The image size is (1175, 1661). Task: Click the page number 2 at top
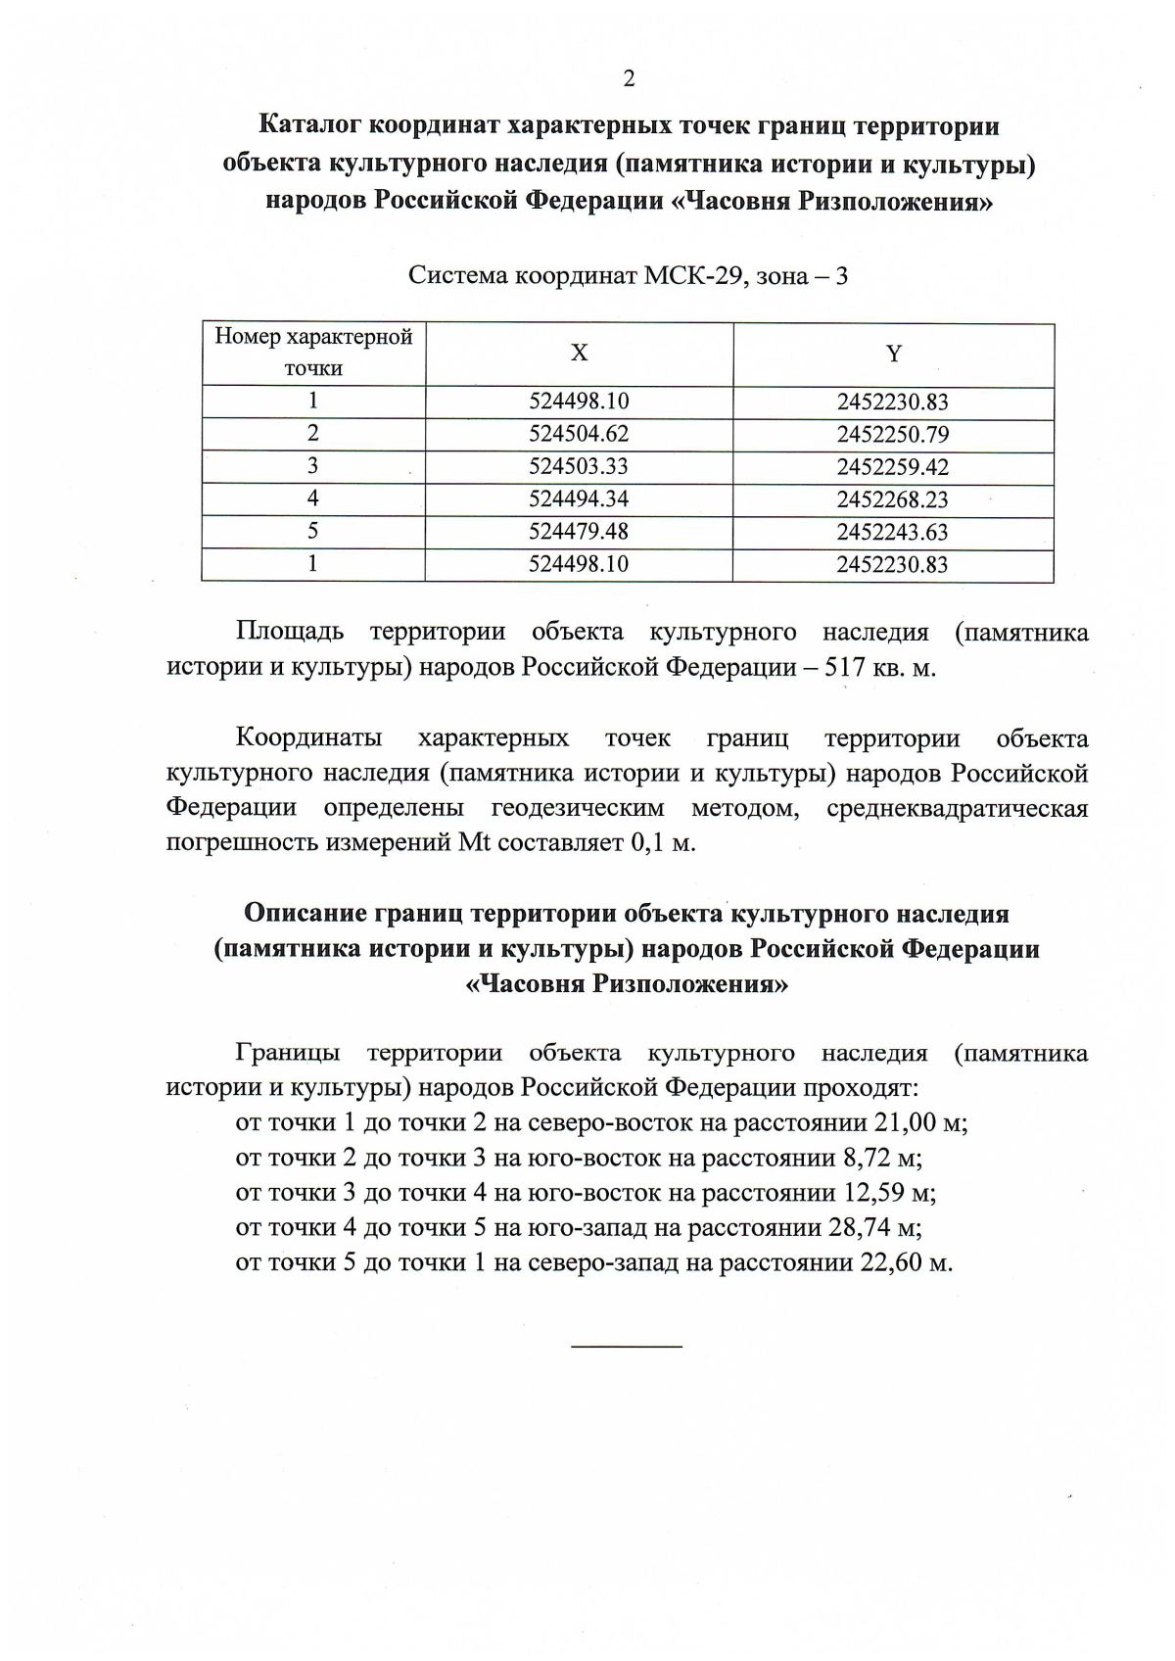click(x=629, y=79)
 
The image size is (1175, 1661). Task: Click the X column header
click(x=580, y=354)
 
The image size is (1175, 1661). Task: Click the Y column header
click(x=893, y=354)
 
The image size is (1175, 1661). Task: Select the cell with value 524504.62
click(x=579, y=434)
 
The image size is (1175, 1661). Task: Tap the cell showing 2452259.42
click(x=893, y=467)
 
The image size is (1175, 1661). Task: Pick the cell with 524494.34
click(x=579, y=499)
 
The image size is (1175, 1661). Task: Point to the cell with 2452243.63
click(x=893, y=533)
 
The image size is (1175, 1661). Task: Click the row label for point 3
click(x=313, y=466)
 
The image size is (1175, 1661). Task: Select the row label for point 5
click(x=313, y=531)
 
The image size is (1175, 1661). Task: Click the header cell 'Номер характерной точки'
click(x=313, y=353)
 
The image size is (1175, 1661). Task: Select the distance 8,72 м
click(x=881, y=1159)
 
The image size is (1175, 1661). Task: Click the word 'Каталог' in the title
click(x=310, y=126)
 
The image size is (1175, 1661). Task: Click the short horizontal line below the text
click(x=627, y=1349)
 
